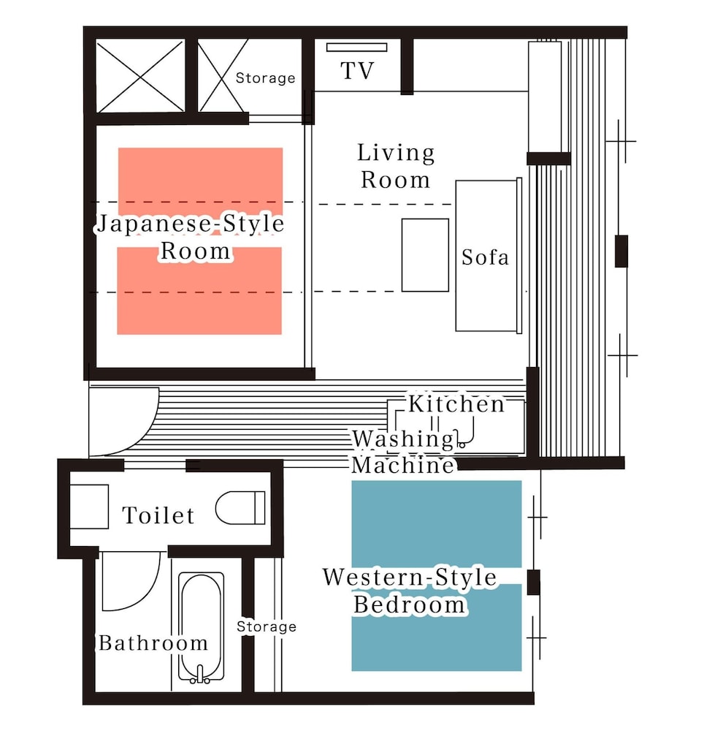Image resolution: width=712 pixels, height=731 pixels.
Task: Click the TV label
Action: pos(357,71)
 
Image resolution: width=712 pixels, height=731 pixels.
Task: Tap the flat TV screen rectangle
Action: pos(356,47)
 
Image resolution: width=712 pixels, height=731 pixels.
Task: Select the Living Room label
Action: pos(396,167)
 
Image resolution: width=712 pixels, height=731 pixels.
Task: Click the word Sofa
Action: pos(485,257)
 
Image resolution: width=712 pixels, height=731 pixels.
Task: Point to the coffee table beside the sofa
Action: pos(425,255)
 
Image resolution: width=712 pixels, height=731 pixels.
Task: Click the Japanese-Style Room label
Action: pos(191,238)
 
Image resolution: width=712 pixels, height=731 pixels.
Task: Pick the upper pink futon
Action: pos(200,182)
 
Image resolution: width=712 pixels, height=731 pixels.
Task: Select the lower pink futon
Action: pos(199,291)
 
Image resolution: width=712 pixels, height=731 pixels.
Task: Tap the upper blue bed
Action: pos(436,524)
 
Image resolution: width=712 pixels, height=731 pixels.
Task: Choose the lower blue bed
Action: pos(436,627)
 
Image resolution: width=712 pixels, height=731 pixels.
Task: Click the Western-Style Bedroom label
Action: pos(410,591)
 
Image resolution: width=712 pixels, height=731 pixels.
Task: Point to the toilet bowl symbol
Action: pos(240,507)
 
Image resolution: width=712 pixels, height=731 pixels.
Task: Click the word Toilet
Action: pos(158,515)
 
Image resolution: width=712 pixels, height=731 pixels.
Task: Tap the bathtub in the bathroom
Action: pos(201,627)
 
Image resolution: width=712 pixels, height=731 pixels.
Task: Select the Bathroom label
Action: pos(153,643)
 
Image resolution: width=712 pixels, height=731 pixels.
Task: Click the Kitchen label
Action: pos(456,404)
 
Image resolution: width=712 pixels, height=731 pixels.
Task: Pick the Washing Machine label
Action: pos(403,452)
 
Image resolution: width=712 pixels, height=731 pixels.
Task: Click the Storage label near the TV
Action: pos(265,78)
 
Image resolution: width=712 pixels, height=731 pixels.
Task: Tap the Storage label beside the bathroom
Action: pos(267,626)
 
